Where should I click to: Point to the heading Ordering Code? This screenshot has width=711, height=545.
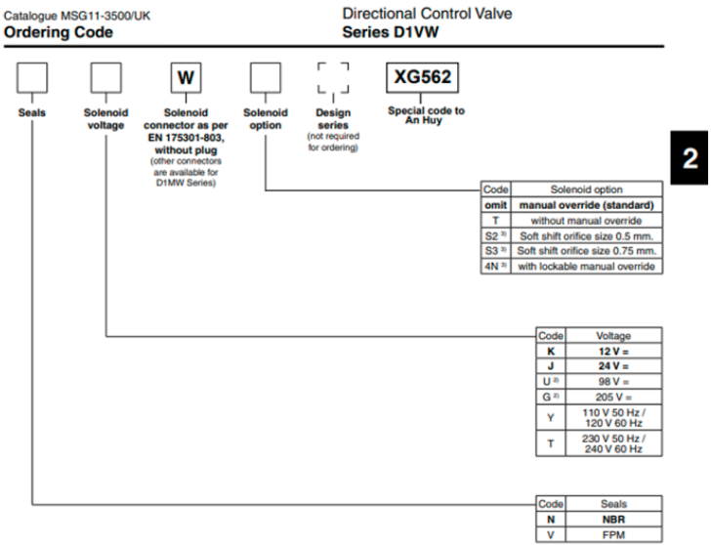click(x=59, y=32)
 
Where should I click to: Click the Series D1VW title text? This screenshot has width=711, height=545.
click(x=387, y=32)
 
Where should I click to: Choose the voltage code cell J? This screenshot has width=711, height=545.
click(x=551, y=363)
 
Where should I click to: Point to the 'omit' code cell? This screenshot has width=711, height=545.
click(x=495, y=205)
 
